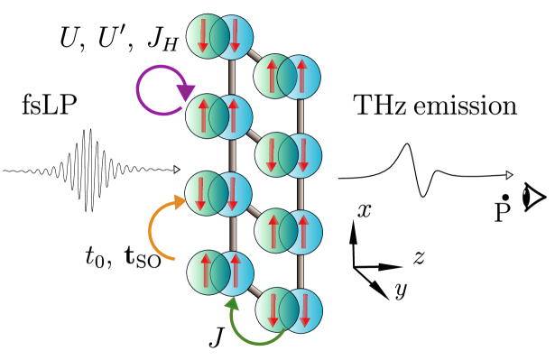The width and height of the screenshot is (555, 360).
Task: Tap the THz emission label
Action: [x=435, y=106]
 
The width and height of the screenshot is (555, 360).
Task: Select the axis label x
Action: [x=365, y=211]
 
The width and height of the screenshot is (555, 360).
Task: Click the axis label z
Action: [x=419, y=257]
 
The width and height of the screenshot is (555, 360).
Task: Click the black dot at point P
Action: [x=505, y=197]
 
